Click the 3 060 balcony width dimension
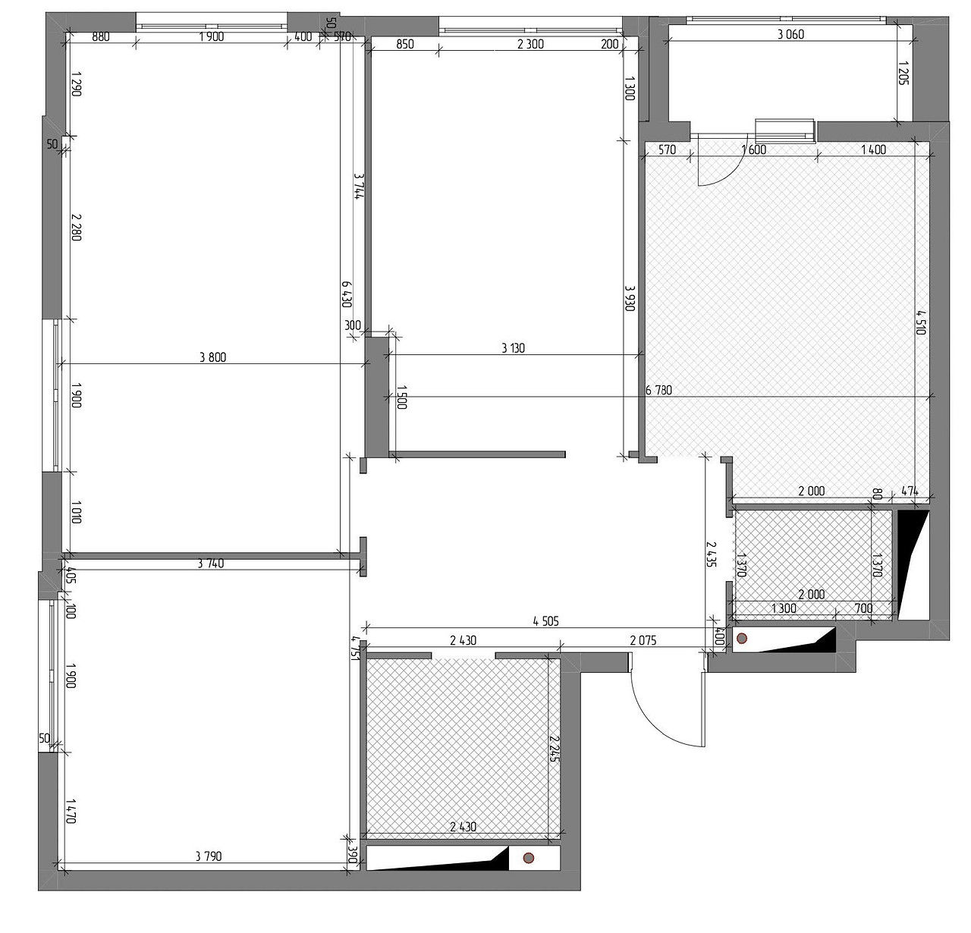(791, 34)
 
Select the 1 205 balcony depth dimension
(903, 73)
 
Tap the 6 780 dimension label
(658, 390)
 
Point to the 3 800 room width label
(212, 357)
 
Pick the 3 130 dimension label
(513, 348)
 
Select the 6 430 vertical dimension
(347, 294)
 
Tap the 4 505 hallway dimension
(546, 622)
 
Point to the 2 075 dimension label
(643, 641)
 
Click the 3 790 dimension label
(208, 856)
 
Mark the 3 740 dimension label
(211, 564)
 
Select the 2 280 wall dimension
(76, 228)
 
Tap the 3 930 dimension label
(630, 298)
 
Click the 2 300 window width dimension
(530, 45)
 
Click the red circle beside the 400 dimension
(742, 638)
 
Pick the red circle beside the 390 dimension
(529, 858)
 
